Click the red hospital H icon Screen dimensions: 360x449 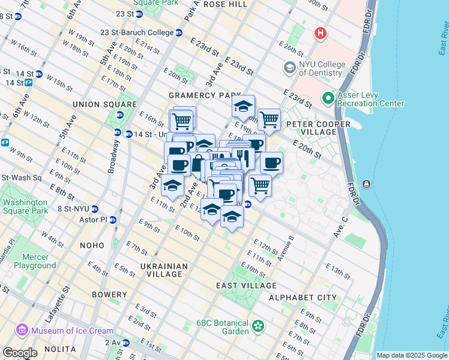pyautogui.click(x=321, y=33)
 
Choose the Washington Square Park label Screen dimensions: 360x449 pyautogui.click(x=25, y=206)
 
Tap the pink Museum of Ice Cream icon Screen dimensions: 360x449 pyautogui.click(x=22, y=330)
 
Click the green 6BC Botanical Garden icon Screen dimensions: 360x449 pyautogui.click(x=258, y=326)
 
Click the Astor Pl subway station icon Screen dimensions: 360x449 pyautogui.click(x=112, y=220)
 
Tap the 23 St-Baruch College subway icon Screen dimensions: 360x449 pyautogui.click(x=179, y=32)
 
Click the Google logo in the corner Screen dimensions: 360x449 pyautogui.click(x=20, y=353)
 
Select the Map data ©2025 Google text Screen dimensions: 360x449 pyautogui.click(x=411, y=355)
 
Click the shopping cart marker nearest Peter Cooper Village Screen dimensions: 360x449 pyautogui.click(x=269, y=119)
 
